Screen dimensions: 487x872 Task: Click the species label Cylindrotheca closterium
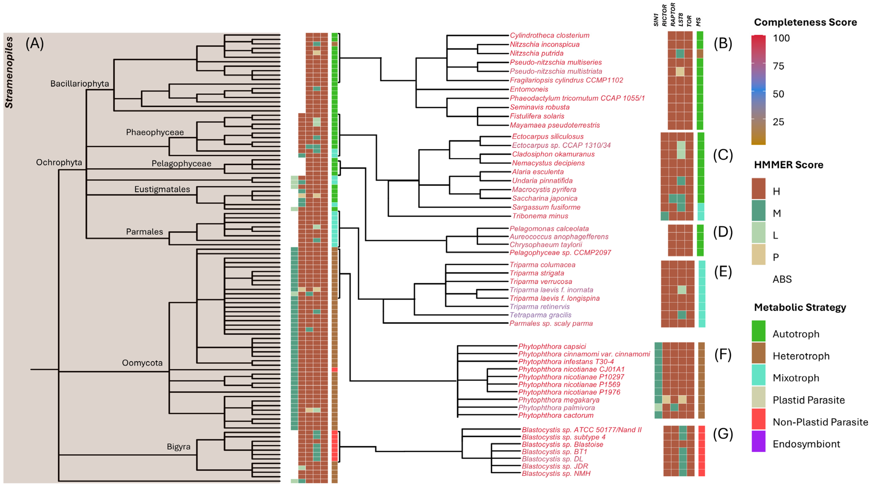[549, 35]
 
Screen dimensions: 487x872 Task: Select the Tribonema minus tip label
[540, 216]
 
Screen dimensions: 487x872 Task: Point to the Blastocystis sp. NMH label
[556, 474]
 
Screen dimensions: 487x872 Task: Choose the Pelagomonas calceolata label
[549, 229]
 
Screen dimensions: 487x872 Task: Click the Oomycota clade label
[142, 363]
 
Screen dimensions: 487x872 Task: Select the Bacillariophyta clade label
[79, 84]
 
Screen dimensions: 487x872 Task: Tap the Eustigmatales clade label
[162, 189]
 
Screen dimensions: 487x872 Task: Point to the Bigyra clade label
[178, 447]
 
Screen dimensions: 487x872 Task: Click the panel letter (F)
[723, 355]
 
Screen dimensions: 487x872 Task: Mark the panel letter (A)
[35, 44]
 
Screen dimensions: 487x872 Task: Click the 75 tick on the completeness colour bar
[778, 66]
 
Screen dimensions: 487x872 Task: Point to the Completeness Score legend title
[805, 22]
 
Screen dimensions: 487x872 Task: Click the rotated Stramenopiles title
[9, 73]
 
